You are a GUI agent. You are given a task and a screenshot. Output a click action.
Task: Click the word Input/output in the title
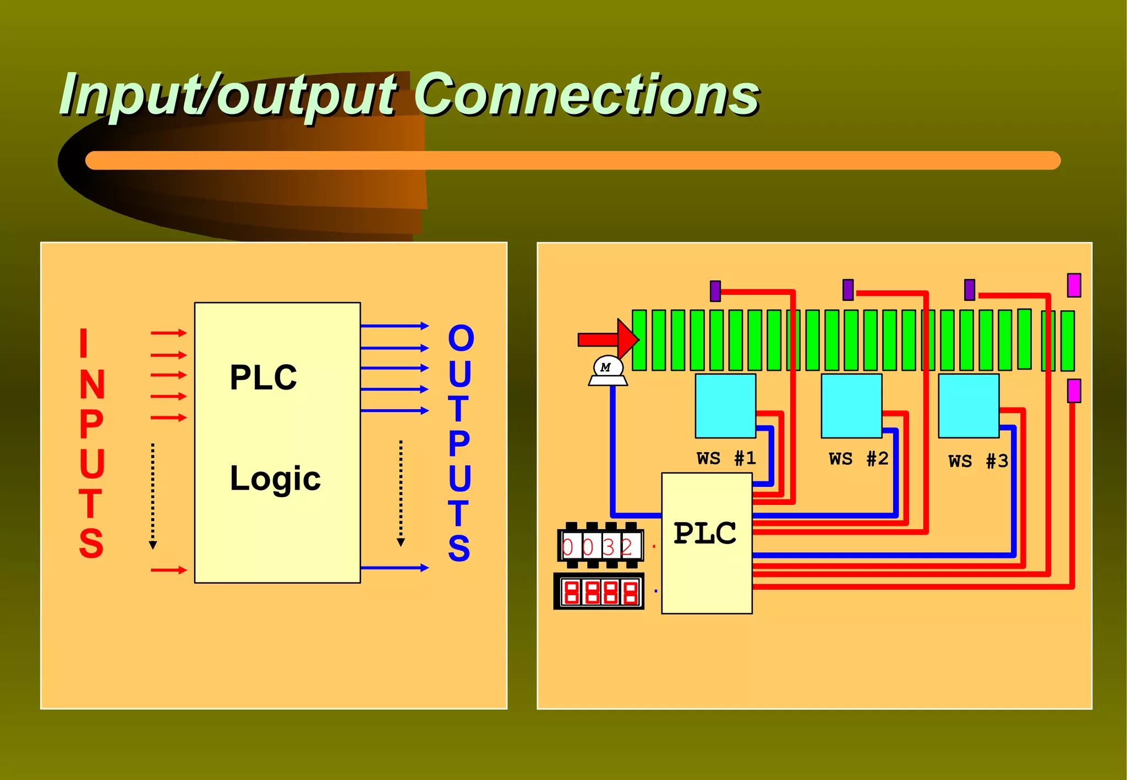tap(228, 96)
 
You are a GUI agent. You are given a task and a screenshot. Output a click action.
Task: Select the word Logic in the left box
tap(275, 479)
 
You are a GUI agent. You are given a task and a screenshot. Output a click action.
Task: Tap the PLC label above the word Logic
tap(263, 378)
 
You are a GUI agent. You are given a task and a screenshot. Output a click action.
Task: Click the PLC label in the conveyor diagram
tap(705, 534)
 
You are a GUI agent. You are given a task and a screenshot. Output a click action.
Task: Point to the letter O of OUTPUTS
tap(461, 338)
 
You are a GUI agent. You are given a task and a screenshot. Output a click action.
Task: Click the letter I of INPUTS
tap(84, 343)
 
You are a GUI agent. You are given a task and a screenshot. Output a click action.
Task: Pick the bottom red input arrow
tap(168, 570)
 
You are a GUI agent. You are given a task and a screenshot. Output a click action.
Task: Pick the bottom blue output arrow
tap(394, 568)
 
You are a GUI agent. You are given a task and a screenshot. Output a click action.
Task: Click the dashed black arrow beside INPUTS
tap(153, 495)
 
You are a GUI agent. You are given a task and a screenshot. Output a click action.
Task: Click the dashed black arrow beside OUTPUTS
tap(401, 492)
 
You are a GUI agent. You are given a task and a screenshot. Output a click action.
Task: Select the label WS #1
tap(726, 458)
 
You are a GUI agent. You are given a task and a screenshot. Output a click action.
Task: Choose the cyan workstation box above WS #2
tap(851, 406)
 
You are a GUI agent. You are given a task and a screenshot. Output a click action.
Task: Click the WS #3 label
tap(978, 461)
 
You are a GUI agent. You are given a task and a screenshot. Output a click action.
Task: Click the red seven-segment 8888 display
tap(599, 592)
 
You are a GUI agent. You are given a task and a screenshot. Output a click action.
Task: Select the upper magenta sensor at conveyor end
tap(1074, 285)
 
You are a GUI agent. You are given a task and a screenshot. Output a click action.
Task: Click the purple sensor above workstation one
tap(715, 291)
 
